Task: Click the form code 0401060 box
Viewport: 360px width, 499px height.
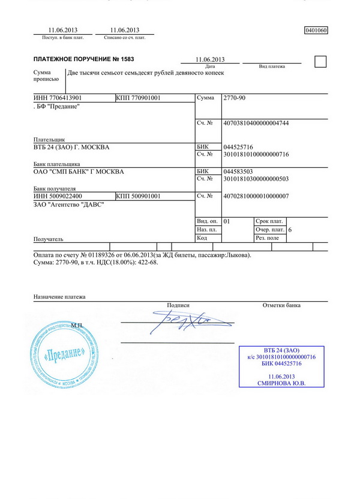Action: coord(316,30)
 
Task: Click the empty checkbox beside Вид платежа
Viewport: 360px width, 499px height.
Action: coord(321,61)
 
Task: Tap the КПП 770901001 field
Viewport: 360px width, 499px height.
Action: coord(138,97)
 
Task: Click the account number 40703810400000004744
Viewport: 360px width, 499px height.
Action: coord(256,123)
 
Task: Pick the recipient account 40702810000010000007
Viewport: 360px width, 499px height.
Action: coord(256,196)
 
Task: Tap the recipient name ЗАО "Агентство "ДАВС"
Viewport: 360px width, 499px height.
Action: coord(68,205)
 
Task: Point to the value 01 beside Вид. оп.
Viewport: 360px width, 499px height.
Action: coord(227,221)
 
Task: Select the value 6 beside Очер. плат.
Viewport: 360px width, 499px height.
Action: coord(290,230)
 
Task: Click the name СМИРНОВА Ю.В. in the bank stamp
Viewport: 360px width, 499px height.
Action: coord(281,383)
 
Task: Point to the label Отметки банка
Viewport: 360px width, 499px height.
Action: coord(281,305)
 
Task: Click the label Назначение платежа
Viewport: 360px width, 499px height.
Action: coord(59,297)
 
